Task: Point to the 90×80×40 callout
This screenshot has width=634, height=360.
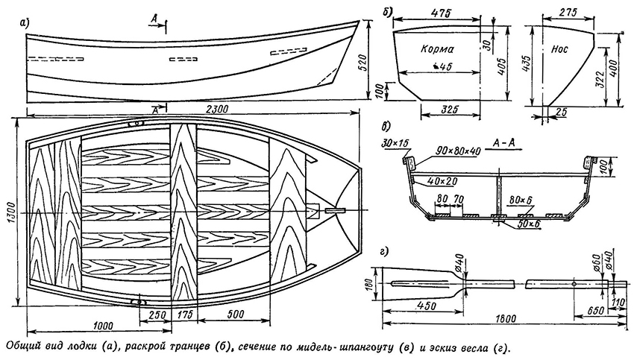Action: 457,149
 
